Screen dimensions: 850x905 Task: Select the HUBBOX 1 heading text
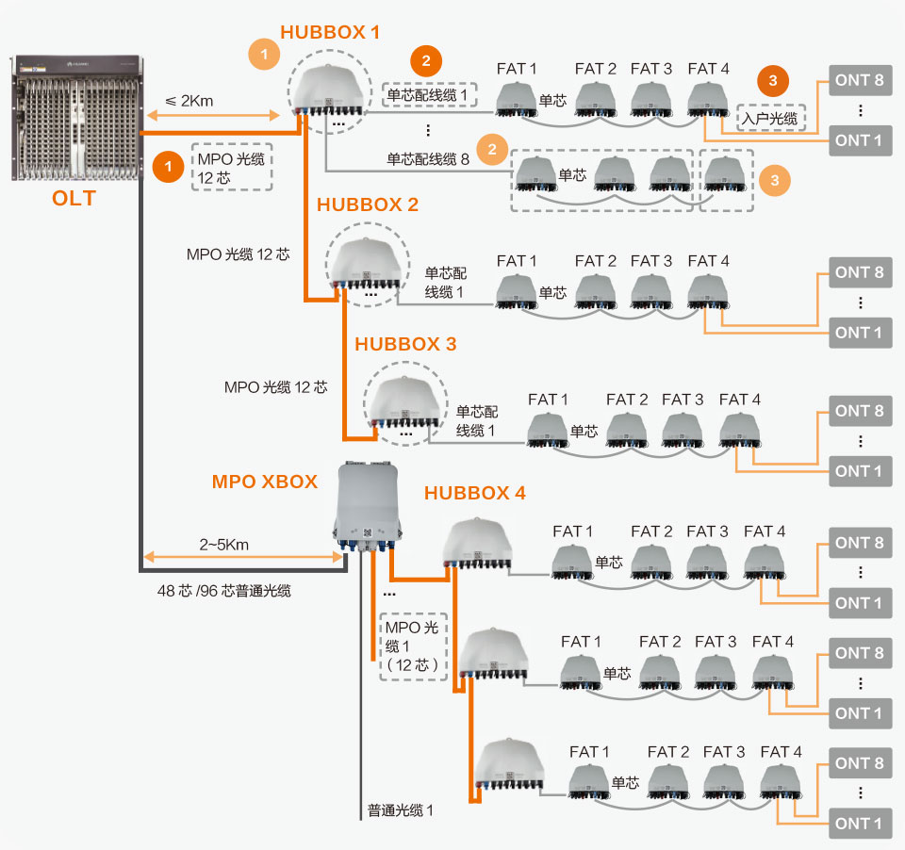click(x=330, y=33)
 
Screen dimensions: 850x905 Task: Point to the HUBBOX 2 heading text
click(x=368, y=205)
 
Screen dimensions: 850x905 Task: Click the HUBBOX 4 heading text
click(x=475, y=493)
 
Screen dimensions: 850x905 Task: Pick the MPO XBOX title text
click(x=265, y=482)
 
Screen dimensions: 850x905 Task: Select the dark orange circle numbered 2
click(x=426, y=62)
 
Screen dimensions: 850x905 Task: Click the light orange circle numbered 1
click(x=264, y=55)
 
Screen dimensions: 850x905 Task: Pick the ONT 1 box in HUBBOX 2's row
click(x=858, y=333)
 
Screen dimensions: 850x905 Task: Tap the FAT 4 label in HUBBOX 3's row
click(x=739, y=400)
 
